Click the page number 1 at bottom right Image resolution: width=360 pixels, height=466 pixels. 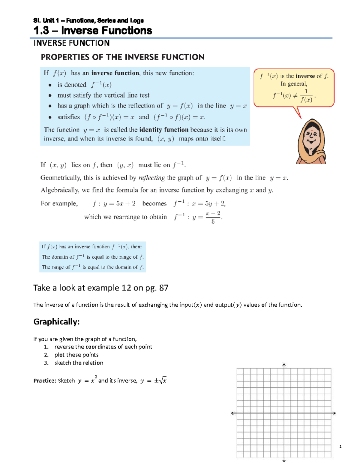340,446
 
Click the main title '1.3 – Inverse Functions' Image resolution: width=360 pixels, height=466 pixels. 93,31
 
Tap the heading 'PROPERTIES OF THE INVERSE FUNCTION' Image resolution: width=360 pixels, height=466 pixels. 122,57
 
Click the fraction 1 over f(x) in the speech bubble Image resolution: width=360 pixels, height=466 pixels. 306,96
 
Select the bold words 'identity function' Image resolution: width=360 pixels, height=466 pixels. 164,130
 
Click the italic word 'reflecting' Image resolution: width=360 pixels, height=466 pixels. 151,178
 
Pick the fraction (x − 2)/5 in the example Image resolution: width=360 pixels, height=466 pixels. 213,217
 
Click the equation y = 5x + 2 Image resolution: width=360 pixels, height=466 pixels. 119,203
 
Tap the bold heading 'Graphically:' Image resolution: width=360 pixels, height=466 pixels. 56,322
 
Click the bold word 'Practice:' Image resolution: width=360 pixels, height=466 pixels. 45,380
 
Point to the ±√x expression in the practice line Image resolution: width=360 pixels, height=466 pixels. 160,380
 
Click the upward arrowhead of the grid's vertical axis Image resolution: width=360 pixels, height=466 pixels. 284,365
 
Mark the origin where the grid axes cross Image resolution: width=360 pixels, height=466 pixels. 284,413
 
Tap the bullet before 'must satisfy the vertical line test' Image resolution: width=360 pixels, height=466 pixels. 50,95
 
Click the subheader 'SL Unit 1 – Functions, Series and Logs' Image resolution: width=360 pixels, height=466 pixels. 88,20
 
